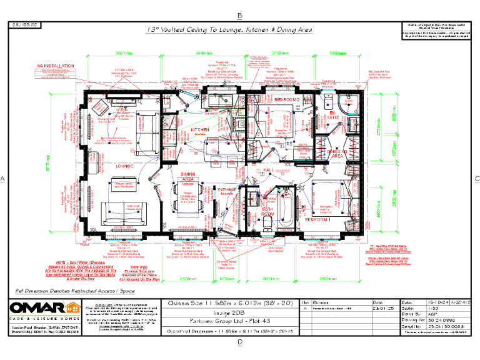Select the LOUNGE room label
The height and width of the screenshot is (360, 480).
[126, 166]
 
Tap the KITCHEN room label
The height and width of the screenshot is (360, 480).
[201, 129]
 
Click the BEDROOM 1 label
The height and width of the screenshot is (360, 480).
[317, 221]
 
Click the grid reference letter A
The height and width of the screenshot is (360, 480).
[3, 179]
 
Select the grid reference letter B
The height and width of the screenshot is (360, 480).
[240, 15]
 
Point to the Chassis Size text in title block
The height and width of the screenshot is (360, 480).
[231, 303]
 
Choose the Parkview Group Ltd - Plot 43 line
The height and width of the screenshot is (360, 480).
[231, 324]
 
